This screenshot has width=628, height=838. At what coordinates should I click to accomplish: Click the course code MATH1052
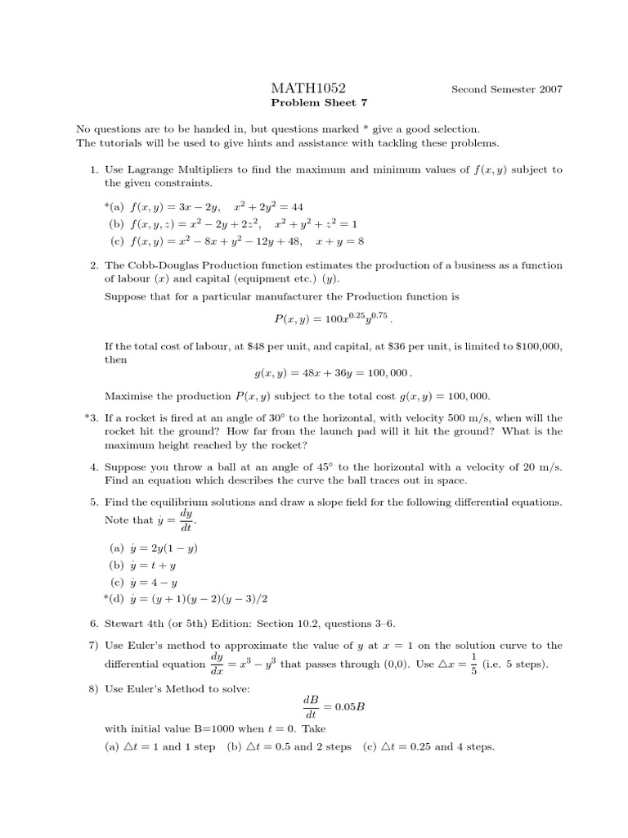(x=307, y=88)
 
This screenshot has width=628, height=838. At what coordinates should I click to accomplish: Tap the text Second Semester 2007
(x=506, y=89)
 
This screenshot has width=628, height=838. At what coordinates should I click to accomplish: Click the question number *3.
(x=92, y=417)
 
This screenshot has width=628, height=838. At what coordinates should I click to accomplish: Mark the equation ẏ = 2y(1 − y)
(x=159, y=548)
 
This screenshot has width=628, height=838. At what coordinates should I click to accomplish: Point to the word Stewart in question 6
(x=123, y=623)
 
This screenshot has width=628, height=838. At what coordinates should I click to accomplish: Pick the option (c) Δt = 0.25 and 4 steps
(x=428, y=746)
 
